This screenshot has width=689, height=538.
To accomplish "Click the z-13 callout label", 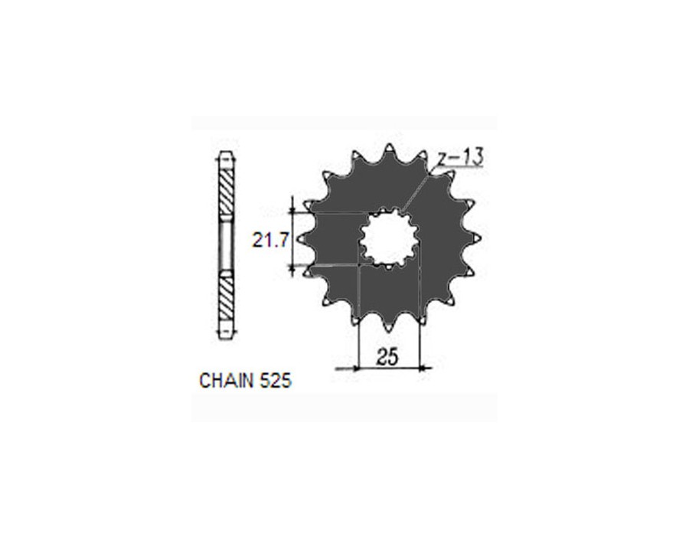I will pyautogui.click(x=461, y=158).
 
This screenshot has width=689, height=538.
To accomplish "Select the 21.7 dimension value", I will pyautogui.click(x=269, y=241).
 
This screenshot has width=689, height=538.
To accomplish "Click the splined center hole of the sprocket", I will pyautogui.click(x=388, y=238).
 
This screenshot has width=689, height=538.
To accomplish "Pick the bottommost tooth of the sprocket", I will pyautogui.click(x=388, y=327).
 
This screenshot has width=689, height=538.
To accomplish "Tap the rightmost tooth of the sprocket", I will pyautogui.click(x=476, y=238).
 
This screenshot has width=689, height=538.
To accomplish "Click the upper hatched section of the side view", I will pyautogui.click(x=224, y=192).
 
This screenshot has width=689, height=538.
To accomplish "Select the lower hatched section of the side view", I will pyautogui.click(x=224, y=299).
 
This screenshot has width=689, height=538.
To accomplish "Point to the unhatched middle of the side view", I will pyautogui.click(x=224, y=245).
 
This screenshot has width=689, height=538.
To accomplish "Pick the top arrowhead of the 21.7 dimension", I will pyautogui.click(x=292, y=209).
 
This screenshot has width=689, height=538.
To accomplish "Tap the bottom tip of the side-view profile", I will pyautogui.click(x=224, y=338).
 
